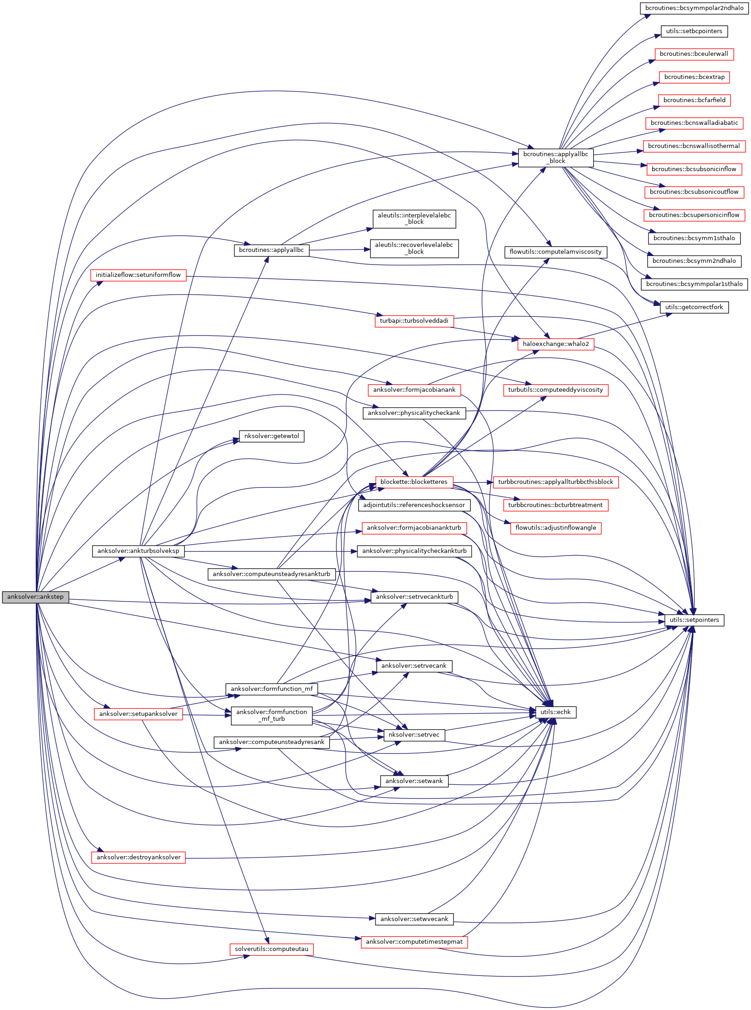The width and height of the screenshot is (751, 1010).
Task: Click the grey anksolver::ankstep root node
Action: tap(35, 596)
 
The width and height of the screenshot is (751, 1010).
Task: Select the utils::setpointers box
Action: tap(694, 620)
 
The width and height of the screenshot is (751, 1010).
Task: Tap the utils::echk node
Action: tap(556, 712)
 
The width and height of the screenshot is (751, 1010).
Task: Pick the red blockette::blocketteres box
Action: tap(414, 482)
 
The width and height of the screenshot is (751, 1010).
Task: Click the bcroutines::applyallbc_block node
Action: tap(556, 158)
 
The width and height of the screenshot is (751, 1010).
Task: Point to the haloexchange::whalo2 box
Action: tap(556, 344)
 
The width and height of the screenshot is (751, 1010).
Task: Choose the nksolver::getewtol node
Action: tap(271, 436)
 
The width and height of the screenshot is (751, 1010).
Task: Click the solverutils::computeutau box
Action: tap(271, 949)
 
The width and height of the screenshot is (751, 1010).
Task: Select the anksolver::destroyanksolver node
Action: tap(138, 857)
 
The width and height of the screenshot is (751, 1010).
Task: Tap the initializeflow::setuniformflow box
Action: tap(138, 275)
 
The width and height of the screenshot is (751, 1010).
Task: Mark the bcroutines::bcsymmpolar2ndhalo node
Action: tap(694, 8)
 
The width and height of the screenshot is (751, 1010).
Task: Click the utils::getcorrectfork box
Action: tap(694, 307)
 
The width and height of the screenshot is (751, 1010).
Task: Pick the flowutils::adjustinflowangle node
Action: tap(556, 528)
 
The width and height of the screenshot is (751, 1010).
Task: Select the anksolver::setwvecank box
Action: tap(414, 919)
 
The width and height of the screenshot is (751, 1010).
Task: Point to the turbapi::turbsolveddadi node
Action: tap(414, 321)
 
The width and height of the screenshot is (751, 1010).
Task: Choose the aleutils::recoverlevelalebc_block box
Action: tap(414, 248)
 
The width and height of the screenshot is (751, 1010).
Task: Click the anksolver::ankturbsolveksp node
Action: tap(138, 551)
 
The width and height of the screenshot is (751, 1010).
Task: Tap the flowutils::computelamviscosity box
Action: tap(556, 251)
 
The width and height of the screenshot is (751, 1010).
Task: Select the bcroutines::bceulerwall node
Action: tap(694, 54)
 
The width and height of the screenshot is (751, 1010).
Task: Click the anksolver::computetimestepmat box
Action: tap(414, 942)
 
